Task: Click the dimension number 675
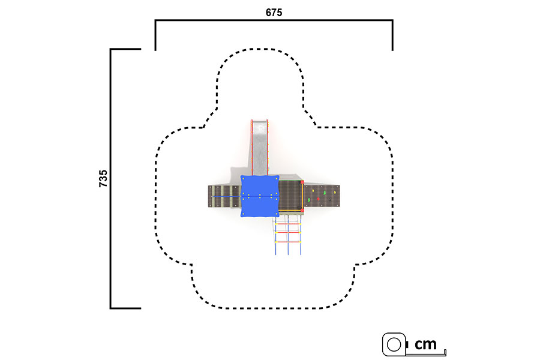(274, 13)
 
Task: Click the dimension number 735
(103, 178)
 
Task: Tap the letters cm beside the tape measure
(425, 344)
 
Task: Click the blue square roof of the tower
(259, 196)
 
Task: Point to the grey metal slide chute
(260, 148)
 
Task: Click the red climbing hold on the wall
(318, 199)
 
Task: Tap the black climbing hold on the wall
(329, 199)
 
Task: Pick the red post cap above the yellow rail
(302, 182)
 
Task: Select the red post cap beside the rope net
(302, 210)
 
